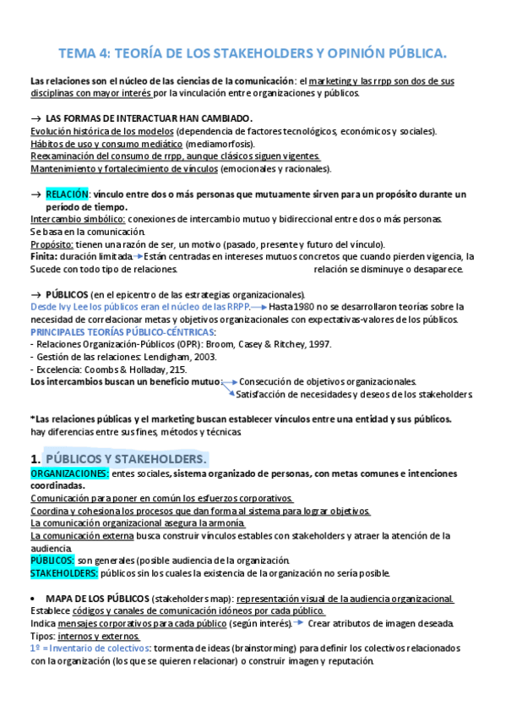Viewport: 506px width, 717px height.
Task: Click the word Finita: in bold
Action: click(x=44, y=255)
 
